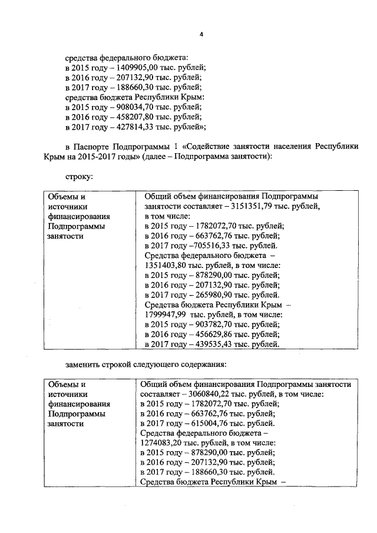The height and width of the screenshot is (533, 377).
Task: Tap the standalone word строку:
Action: [x=80, y=176]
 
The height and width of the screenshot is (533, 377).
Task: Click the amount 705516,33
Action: [x=210, y=245]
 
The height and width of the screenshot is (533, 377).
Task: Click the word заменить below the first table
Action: [x=84, y=363]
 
